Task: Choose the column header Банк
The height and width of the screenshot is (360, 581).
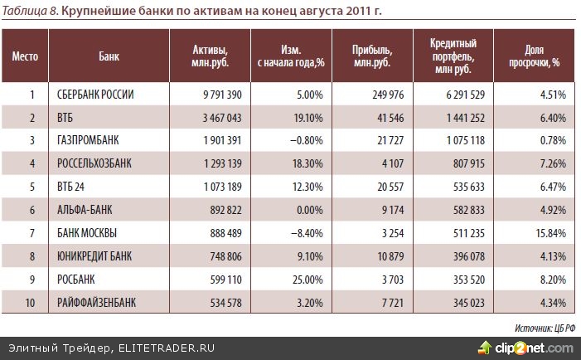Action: (x=109, y=56)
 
